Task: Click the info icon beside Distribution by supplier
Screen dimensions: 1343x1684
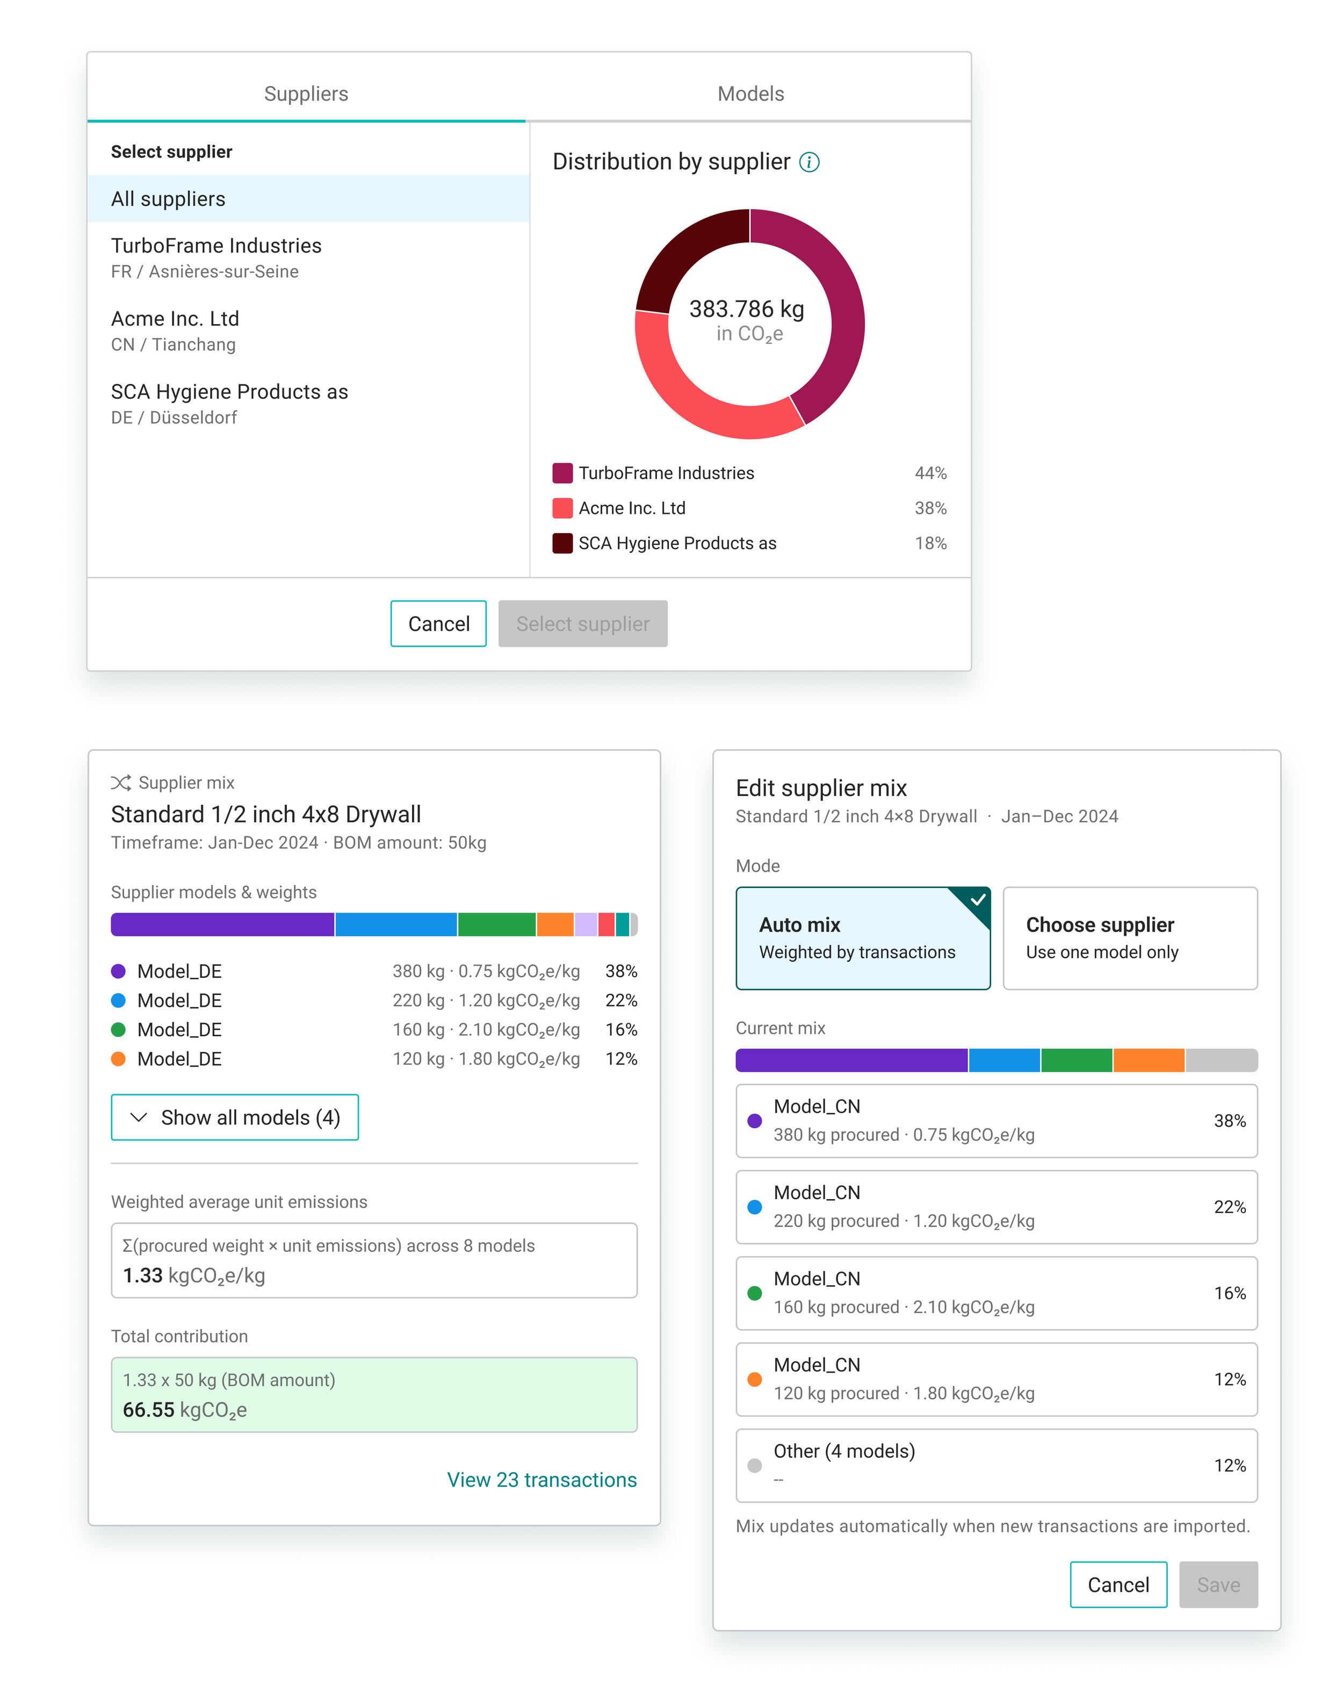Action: pyautogui.click(x=809, y=162)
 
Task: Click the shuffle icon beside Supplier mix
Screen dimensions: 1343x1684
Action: pyautogui.click(x=120, y=783)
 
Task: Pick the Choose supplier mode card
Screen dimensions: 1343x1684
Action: pyautogui.click(x=1129, y=937)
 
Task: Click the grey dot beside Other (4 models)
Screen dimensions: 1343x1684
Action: pyautogui.click(x=754, y=1465)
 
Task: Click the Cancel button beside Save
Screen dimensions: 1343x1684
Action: pyautogui.click(x=1117, y=1584)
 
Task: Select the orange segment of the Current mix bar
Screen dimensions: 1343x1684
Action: pyautogui.click(x=1149, y=1060)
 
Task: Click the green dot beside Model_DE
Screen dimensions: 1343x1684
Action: pyautogui.click(x=119, y=1029)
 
